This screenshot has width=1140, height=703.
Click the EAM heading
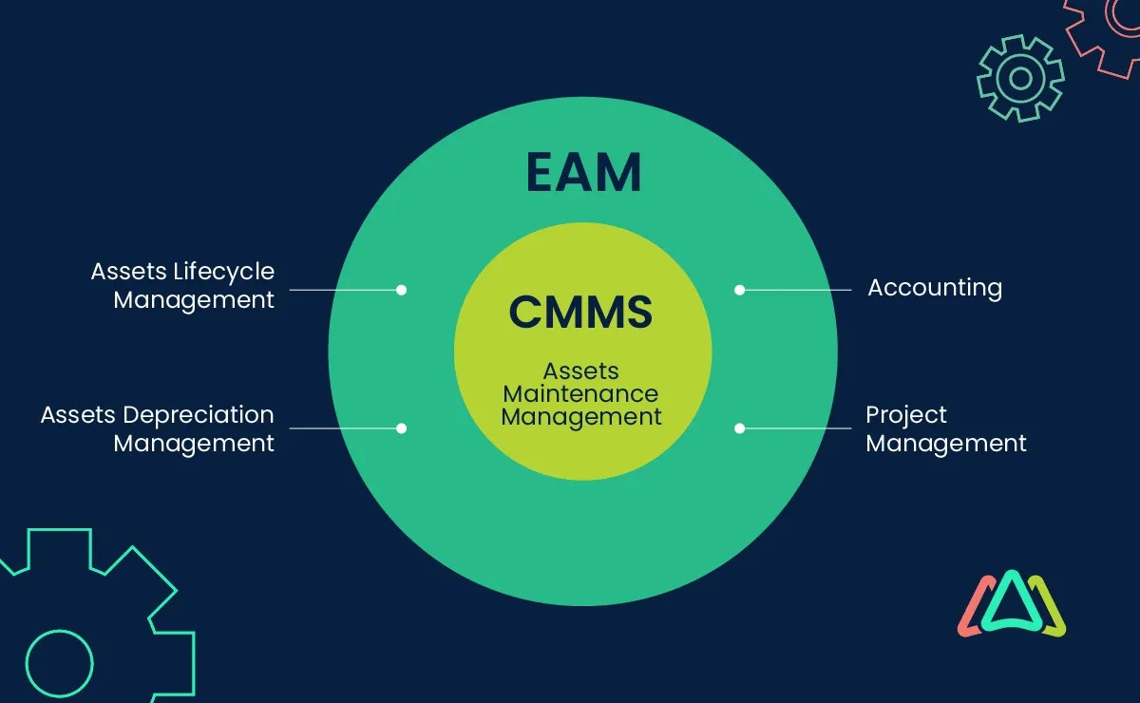pos(583,173)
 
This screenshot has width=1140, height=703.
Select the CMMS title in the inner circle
pos(580,312)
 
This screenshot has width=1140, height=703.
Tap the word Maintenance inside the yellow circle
pos(580,393)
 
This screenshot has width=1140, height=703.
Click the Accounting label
pos(935,288)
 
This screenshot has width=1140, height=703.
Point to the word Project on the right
pos(906,415)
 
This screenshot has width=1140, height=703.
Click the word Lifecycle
pos(223,272)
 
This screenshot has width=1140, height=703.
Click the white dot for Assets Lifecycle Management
pos(401,290)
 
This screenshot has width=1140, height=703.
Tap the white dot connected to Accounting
pos(739,290)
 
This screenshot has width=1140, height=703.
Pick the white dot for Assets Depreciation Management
pos(401,428)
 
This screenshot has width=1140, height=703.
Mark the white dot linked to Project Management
pos(739,428)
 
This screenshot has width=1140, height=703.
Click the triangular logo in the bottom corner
pos(1011,604)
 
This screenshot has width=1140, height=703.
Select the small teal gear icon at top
pos(1020,78)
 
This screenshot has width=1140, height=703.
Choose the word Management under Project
pos(946,444)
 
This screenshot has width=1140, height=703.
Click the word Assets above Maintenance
pos(580,370)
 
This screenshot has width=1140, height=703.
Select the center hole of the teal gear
pos(1020,78)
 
